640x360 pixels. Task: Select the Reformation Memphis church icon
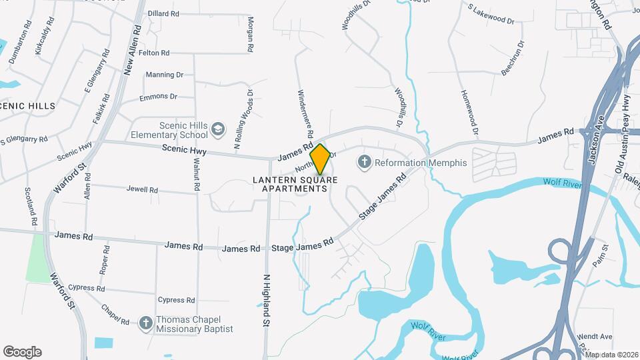pyautogui.click(x=364, y=161)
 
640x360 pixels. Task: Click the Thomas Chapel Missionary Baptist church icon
pyautogui.click(x=145, y=323)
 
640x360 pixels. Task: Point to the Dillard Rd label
pyautogui.click(x=163, y=13)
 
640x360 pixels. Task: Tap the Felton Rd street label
pyautogui.click(x=154, y=53)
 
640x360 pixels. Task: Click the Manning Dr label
pyautogui.click(x=164, y=75)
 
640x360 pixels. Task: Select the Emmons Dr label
pyautogui.click(x=158, y=97)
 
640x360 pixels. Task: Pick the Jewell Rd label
pyautogui.click(x=142, y=189)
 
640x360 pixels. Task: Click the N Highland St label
pyautogui.click(x=266, y=300)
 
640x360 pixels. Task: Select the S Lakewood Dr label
pyautogui.click(x=491, y=16)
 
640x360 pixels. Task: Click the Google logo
pyautogui.click(x=22, y=352)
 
